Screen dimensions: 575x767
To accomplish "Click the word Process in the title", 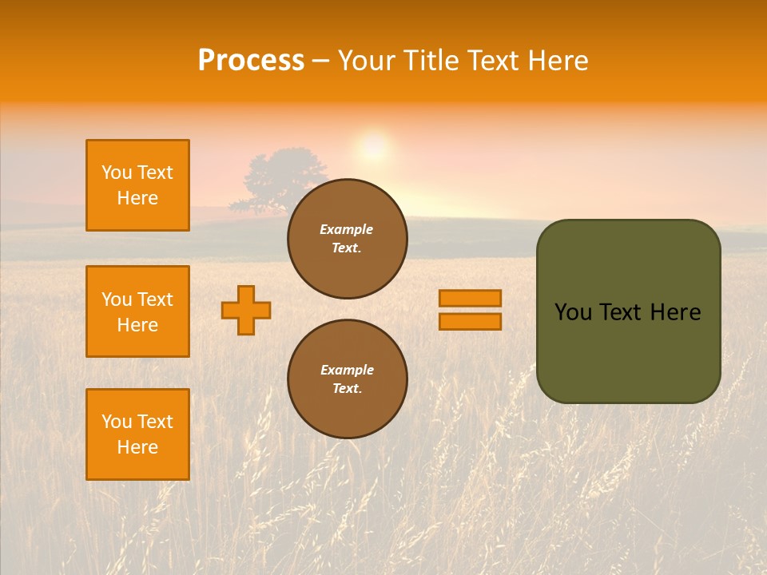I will coord(251,61).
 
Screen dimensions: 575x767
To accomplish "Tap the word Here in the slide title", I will coord(556,61).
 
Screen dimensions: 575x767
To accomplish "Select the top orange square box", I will coord(137,185).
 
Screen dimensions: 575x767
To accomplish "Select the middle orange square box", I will coord(137,311).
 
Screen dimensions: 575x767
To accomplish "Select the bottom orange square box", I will coord(137,434).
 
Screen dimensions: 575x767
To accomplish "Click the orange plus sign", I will coord(246,310).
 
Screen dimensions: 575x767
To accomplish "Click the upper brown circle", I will coord(348,238).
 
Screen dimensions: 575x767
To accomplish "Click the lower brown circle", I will coord(348,379).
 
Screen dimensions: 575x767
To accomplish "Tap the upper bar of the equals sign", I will coord(470,298).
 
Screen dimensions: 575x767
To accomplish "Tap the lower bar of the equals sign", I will coord(470,321).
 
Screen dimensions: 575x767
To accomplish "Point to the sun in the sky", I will coord(373,147).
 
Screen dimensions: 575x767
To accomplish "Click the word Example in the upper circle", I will coord(347,229).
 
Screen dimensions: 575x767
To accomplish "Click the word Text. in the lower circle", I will coord(347,389).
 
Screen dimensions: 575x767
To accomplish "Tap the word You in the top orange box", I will coord(116,172).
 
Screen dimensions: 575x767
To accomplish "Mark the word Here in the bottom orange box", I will coord(137,447).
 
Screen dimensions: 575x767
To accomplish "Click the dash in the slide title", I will coord(321,61).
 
